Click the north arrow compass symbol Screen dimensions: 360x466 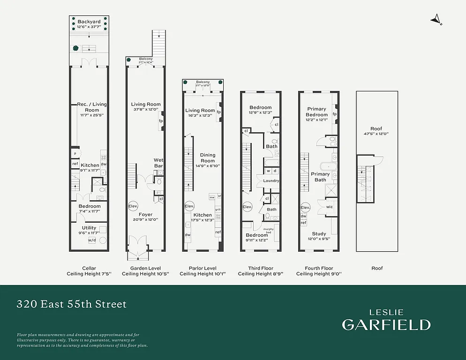(436, 19)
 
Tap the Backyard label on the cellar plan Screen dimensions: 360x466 (89, 22)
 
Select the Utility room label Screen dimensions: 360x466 (89, 228)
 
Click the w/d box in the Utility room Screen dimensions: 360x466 (92, 240)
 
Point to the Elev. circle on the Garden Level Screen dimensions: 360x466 (133, 206)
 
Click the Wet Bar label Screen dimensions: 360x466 (158, 163)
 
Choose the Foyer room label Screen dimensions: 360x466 (145, 215)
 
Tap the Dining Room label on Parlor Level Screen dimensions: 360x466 (208, 157)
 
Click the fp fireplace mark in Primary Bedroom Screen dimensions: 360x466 (334, 114)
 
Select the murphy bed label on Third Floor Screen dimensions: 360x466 (269, 230)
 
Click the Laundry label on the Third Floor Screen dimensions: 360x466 (271, 180)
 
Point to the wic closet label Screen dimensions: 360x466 (329, 206)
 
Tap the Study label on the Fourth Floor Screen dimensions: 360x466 (319, 233)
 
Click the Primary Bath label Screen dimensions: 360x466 (320, 177)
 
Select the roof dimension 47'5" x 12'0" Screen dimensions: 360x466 (377, 134)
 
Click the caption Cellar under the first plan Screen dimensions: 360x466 (89, 268)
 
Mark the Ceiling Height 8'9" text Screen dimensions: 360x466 (261, 274)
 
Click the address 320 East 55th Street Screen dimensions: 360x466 (72, 304)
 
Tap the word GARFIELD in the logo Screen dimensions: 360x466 (386, 324)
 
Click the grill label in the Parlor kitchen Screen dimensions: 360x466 (218, 210)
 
